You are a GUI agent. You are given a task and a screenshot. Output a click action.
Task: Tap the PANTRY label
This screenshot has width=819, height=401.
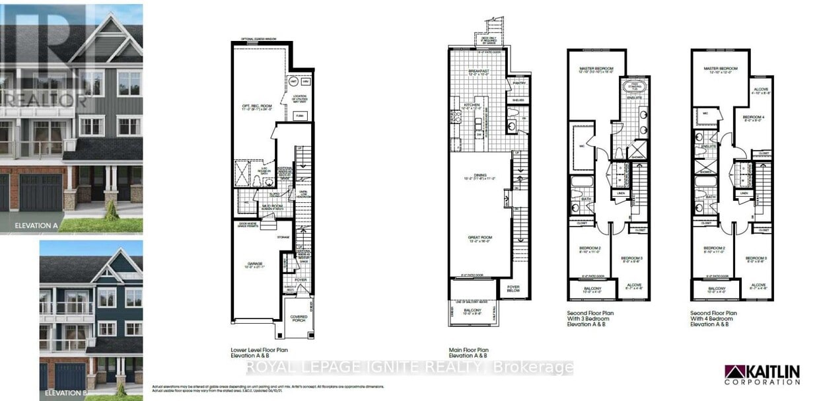(518, 83)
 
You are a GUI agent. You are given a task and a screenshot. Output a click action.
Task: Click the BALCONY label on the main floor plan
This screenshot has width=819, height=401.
(472, 310)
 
